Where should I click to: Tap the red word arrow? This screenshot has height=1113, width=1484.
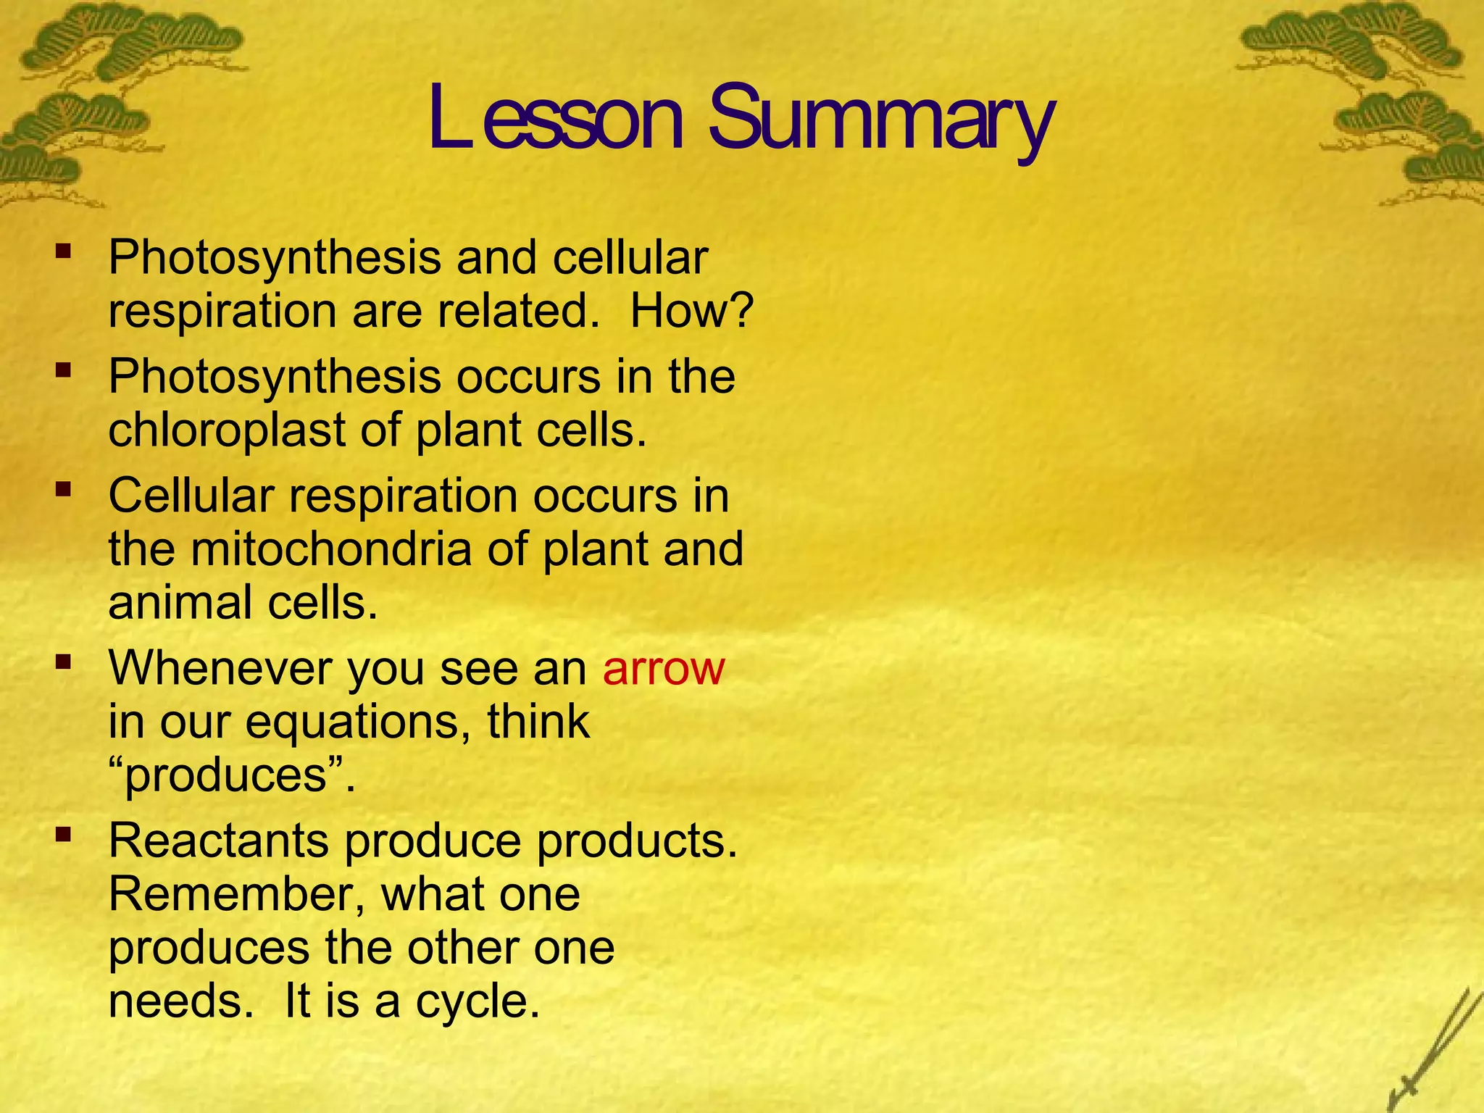(663, 668)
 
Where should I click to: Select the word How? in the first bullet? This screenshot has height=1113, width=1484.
(692, 312)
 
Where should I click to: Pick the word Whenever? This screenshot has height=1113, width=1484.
(220, 668)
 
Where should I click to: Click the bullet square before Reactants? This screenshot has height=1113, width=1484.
(64, 835)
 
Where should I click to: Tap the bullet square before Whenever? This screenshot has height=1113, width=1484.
(64, 661)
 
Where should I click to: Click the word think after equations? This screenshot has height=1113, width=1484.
(538, 722)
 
